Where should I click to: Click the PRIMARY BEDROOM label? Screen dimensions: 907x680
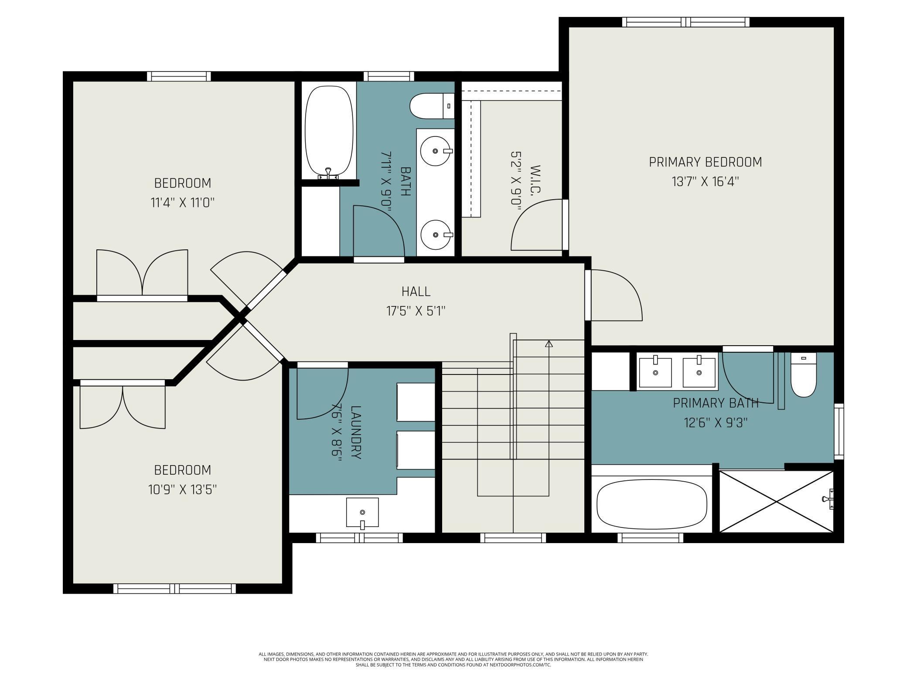705,162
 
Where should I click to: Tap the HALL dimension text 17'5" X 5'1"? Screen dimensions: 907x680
416,311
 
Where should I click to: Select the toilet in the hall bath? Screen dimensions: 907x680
432,106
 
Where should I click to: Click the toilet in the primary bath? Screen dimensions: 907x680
803,375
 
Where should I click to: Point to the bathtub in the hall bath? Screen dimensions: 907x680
329,132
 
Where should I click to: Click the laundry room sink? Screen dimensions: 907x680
362,513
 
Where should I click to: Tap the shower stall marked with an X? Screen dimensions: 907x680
776,501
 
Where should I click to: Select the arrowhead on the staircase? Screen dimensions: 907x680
549,344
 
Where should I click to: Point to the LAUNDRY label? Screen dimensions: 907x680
356,432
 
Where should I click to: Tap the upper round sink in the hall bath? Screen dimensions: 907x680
435,151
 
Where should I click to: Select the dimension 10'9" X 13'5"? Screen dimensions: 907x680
182,490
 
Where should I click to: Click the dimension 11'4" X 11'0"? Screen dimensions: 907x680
183,203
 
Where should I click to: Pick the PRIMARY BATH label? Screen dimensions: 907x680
716,403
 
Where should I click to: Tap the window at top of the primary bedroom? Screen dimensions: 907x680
686,22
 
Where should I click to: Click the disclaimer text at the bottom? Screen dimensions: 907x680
453,660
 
